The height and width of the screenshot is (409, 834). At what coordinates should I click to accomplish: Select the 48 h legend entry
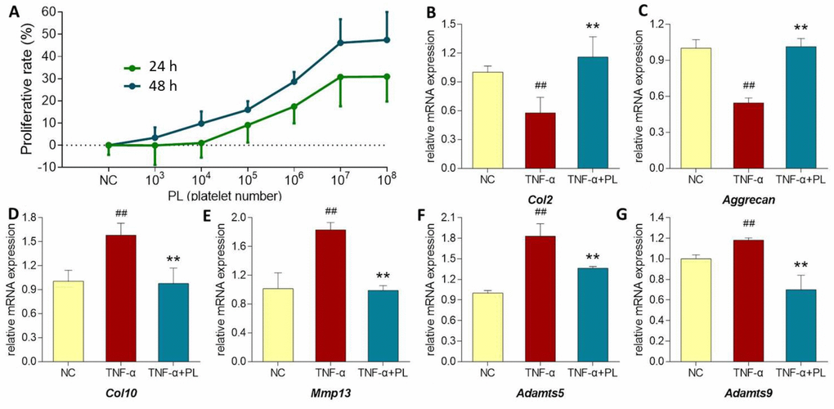point(150,84)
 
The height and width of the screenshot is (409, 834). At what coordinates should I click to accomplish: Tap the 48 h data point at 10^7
point(341,43)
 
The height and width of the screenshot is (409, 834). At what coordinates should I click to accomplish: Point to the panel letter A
point(8,11)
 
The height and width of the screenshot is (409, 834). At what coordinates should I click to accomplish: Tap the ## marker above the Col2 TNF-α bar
point(540,86)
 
